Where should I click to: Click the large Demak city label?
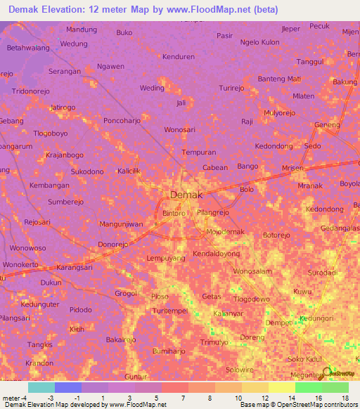(186, 195)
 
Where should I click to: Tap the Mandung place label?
(82, 30)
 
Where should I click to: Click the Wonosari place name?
(179, 130)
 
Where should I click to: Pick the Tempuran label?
(198, 152)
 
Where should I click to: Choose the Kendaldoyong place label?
(216, 253)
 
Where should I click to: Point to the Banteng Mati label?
(279, 78)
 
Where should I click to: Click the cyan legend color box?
(41, 387)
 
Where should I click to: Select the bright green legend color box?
(308, 387)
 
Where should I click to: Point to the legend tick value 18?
(345, 398)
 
